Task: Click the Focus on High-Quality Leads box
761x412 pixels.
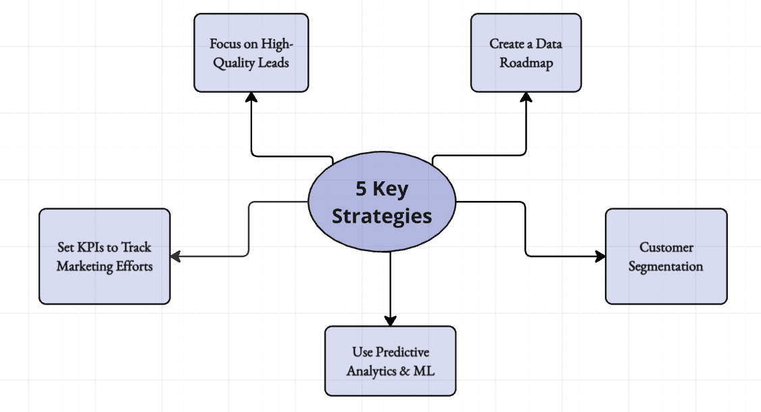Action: coord(251,53)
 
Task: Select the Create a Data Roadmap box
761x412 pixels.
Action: coord(526,53)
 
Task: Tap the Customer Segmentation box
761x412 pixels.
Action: coord(666,256)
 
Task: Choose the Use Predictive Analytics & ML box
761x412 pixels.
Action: coord(390,361)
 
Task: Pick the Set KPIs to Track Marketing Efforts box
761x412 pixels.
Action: coord(105,256)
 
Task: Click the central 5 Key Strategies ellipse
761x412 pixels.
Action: coord(382,202)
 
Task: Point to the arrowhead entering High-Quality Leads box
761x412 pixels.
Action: coord(251,97)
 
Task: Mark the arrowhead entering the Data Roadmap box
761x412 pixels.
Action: coord(526,97)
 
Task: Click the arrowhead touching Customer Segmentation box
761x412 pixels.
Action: coord(600,256)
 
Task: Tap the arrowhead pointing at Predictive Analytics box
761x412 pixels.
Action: coord(390,321)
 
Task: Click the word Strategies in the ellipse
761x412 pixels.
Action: coord(382,216)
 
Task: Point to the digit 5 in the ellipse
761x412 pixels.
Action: coord(362,189)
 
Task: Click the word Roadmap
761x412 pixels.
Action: coord(526,63)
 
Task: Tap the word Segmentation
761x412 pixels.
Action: coord(666,267)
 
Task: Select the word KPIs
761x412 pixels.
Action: coord(89,247)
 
